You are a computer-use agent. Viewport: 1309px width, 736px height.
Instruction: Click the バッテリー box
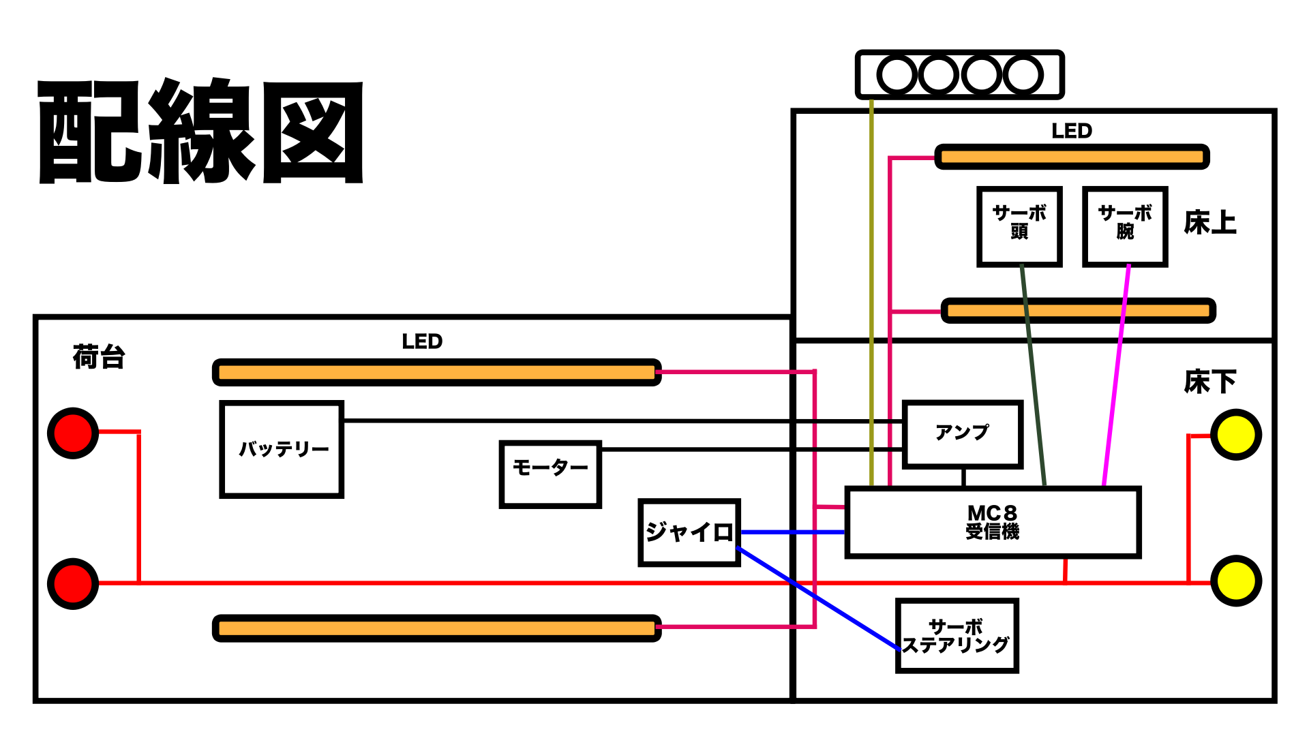point(282,450)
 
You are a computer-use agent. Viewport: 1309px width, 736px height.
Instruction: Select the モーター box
point(550,474)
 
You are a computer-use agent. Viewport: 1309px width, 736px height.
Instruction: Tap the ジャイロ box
point(689,533)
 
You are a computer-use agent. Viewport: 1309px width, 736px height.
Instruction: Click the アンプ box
point(963,435)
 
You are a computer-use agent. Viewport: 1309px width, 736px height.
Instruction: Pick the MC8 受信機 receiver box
point(993,523)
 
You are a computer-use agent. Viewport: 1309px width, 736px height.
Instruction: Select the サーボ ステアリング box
point(957,636)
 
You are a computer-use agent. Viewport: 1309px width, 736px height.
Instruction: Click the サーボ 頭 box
point(1019,226)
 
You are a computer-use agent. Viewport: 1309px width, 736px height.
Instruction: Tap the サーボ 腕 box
point(1125,226)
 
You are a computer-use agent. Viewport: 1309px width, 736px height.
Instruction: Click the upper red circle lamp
point(73,433)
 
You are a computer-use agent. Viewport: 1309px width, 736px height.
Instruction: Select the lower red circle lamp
point(73,584)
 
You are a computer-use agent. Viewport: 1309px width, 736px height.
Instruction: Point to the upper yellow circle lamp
point(1236,435)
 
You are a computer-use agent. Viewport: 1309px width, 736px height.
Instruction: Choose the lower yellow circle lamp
point(1236,581)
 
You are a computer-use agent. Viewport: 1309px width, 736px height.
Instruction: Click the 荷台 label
point(99,357)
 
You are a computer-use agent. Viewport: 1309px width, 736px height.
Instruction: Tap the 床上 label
point(1210,223)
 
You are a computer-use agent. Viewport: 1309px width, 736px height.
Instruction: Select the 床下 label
point(1210,382)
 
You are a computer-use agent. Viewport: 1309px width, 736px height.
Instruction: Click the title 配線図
point(201,131)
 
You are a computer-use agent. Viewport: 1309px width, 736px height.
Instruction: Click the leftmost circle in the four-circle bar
point(897,75)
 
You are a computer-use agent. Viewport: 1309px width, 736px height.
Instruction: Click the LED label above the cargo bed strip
point(422,341)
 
